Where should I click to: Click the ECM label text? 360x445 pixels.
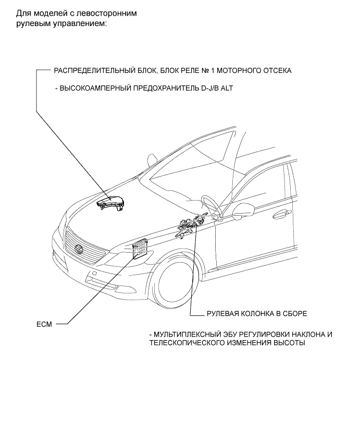point(43,324)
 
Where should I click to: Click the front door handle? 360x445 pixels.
point(283,212)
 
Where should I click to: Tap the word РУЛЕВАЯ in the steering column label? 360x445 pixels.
point(210,314)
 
